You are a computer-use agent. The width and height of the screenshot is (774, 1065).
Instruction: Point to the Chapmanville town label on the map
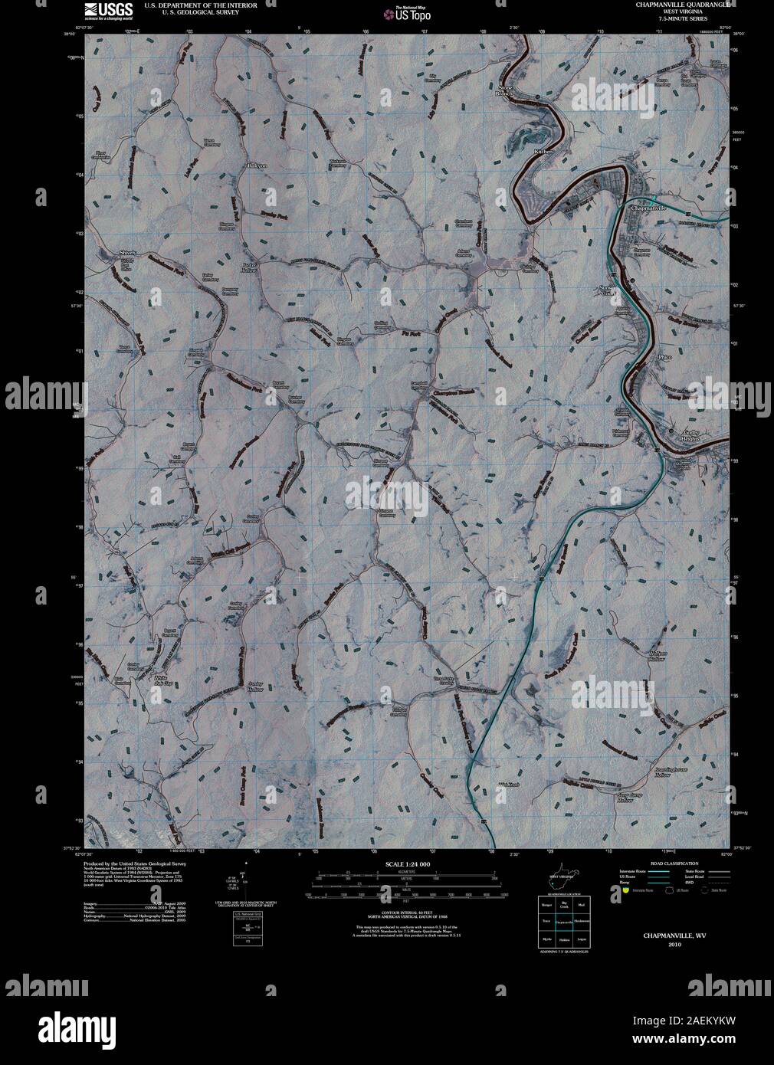649,208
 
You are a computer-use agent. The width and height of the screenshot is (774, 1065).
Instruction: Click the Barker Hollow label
252,268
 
